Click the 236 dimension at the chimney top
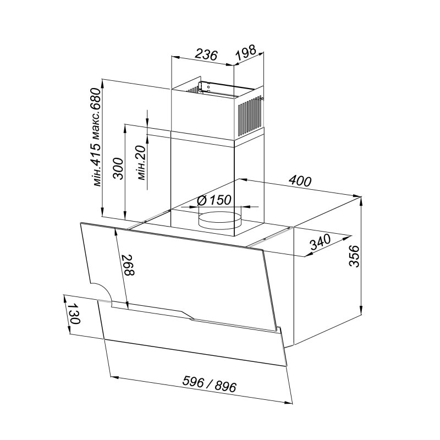tap(206, 54)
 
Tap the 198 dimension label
tap(246, 52)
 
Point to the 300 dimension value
tap(118, 169)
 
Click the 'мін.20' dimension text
tap(141, 162)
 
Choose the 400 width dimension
tap(300, 181)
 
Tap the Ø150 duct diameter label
tap(214, 200)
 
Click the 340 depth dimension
tap(321, 242)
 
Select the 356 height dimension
tap(354, 256)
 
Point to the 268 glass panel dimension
tap(128, 265)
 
